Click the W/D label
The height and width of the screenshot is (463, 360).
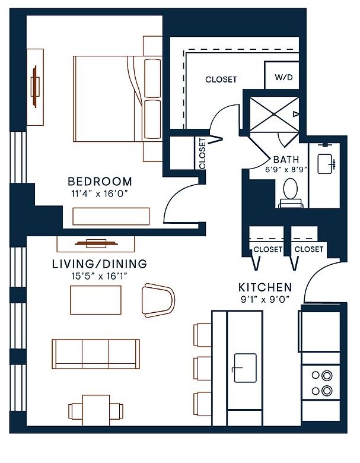tap(283, 77)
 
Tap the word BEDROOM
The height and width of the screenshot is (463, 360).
tap(100, 181)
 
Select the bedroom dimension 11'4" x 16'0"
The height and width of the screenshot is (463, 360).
tap(100, 194)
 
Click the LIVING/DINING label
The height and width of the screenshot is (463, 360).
tap(100, 264)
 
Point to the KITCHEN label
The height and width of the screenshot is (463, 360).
tap(265, 287)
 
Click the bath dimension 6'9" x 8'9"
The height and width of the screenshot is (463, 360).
tap(286, 170)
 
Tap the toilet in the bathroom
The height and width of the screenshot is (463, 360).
tap(291, 193)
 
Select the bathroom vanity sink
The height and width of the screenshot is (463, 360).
tap(326, 164)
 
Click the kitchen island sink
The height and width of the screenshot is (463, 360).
tap(245, 367)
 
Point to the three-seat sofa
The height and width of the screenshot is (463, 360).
tap(95, 354)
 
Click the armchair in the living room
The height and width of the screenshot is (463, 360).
tap(158, 300)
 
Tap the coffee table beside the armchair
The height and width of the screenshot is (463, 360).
tap(95, 300)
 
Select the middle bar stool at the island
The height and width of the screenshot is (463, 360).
tap(202, 369)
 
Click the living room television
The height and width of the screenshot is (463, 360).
tap(96, 243)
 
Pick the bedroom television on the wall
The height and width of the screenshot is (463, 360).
tap(35, 87)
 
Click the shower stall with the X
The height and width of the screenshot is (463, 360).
tap(274, 114)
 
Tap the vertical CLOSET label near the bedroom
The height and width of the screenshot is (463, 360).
tap(202, 154)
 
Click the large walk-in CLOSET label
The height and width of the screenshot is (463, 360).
tap(221, 80)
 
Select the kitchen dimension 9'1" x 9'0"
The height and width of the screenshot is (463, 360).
tap(265, 300)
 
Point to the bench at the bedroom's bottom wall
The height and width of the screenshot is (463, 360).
tap(111, 217)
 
